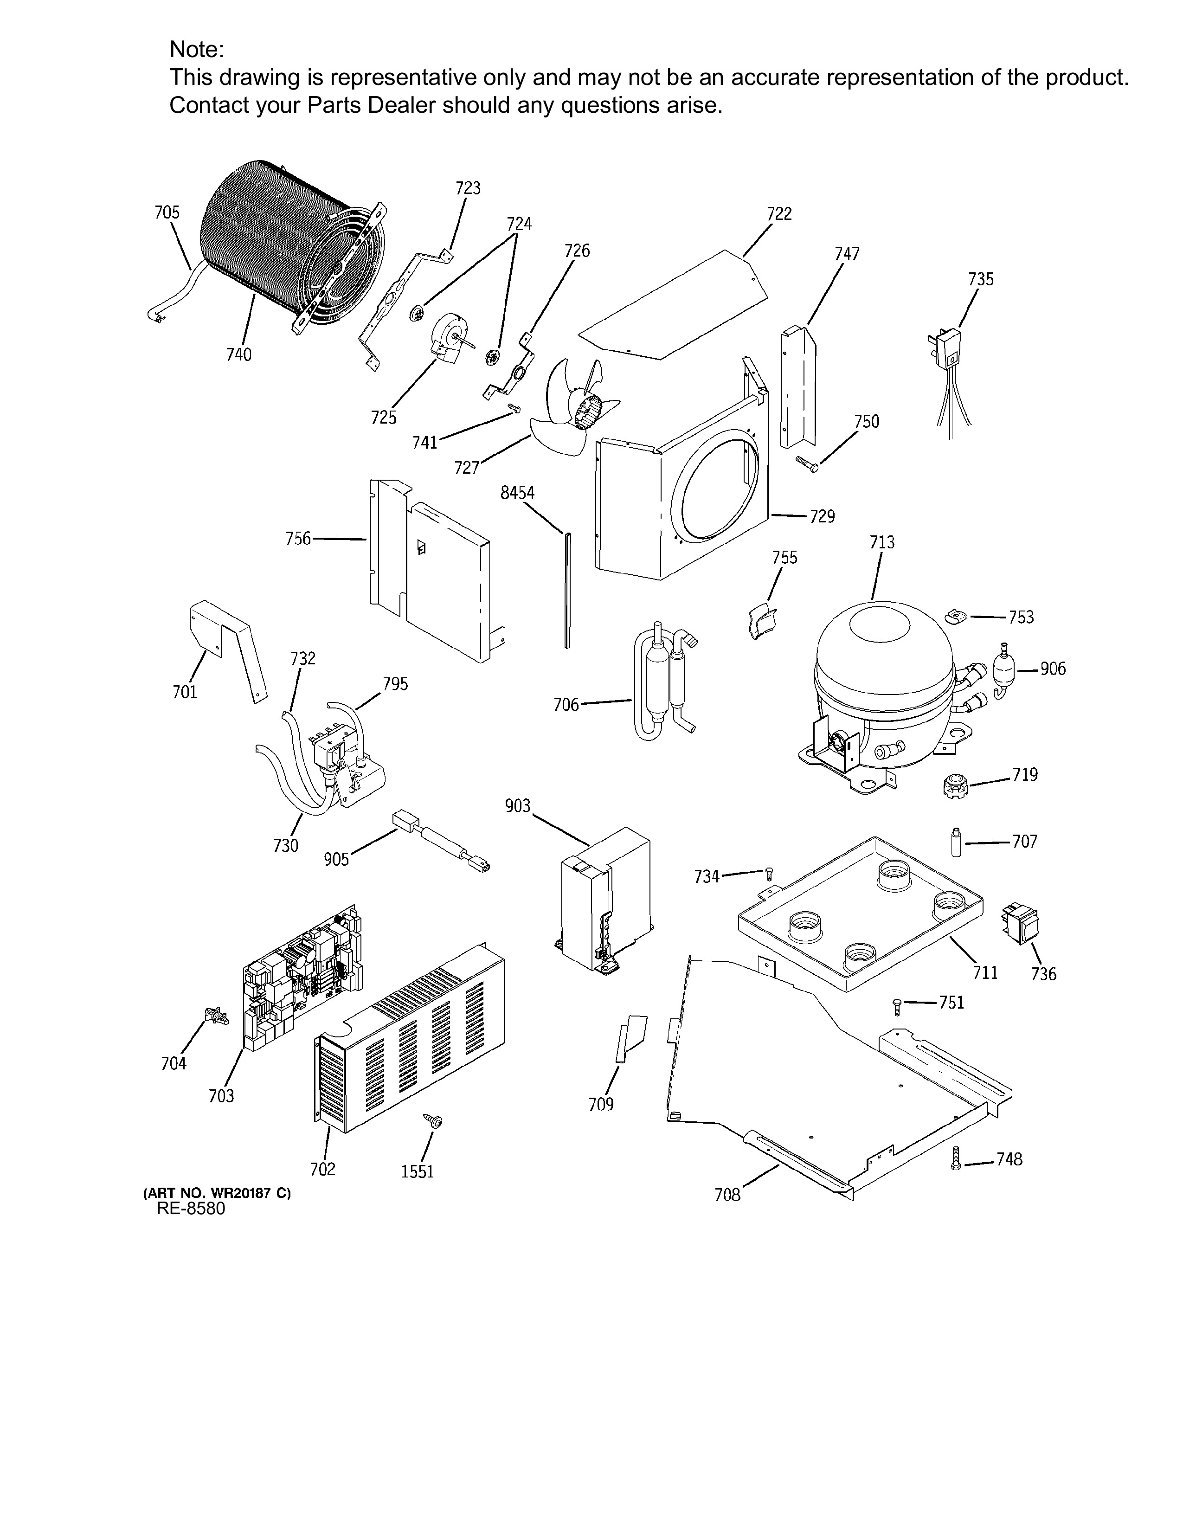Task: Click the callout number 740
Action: pos(238,355)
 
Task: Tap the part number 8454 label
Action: pos(517,493)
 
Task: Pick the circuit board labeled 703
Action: pos(303,978)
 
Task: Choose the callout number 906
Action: pos(1053,669)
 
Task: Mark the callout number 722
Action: pos(779,214)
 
